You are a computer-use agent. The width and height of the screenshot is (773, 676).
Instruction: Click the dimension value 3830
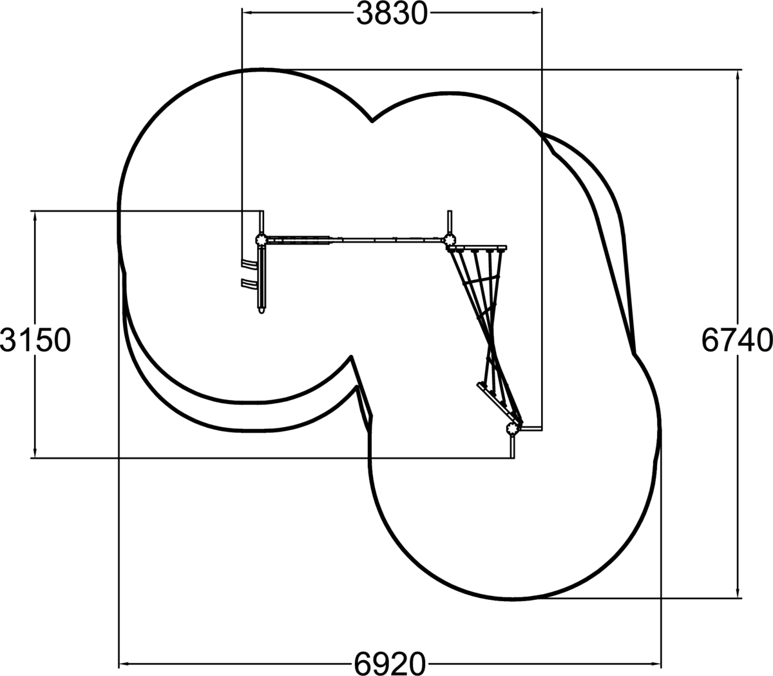pos(392,14)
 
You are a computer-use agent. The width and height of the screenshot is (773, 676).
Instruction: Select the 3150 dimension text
pos(35,341)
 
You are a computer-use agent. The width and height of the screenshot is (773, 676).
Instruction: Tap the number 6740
pos(737,341)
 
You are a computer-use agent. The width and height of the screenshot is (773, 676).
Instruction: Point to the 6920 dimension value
pos(390,664)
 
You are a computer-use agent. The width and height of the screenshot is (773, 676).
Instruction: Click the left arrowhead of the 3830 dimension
pos(248,13)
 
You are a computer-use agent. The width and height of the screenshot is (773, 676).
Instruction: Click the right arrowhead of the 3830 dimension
pos(537,13)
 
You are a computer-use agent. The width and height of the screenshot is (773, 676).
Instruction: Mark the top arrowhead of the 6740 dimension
pos(738,75)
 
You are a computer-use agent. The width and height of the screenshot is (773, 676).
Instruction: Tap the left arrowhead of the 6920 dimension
pos(125,664)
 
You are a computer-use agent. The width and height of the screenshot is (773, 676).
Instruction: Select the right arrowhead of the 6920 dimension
pos(655,664)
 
